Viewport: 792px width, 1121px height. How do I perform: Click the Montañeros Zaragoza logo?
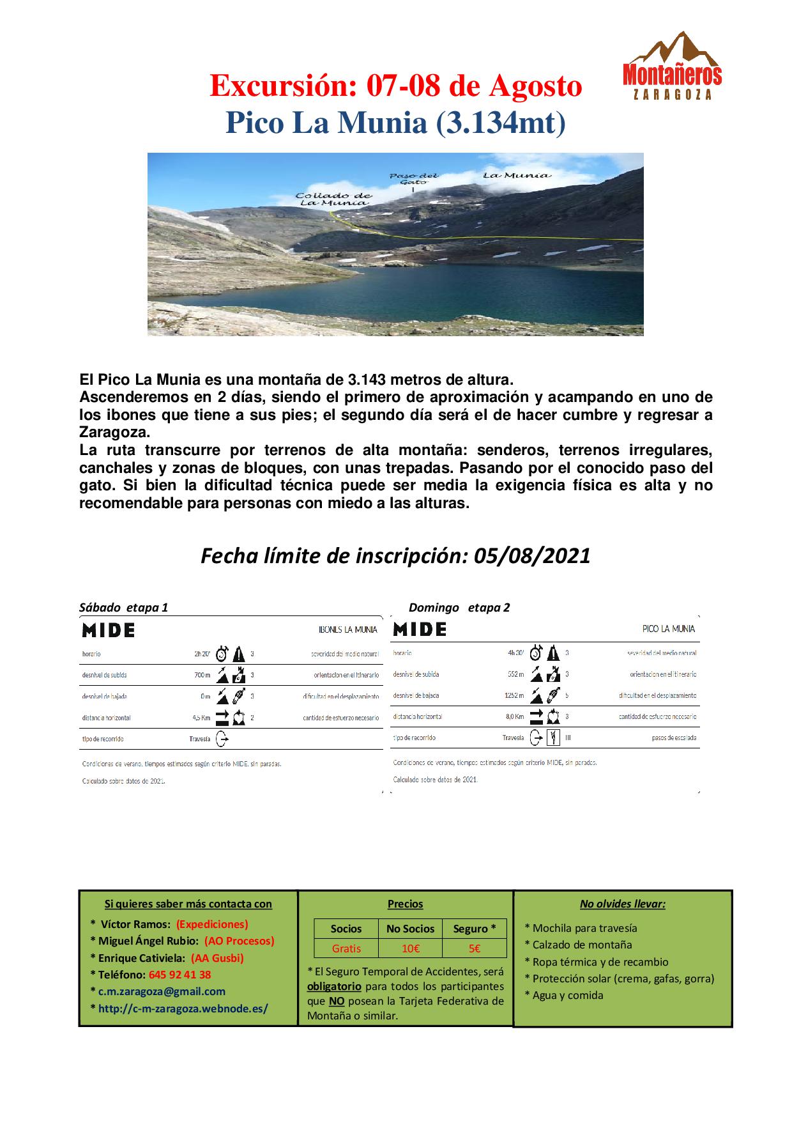pos(672,67)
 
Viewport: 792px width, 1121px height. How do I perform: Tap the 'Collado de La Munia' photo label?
pos(333,199)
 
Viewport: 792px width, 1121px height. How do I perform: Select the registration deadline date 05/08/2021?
pos(533,556)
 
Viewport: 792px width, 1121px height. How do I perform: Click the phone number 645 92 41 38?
pos(179,975)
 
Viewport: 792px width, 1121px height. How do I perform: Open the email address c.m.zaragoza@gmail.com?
pos(162,991)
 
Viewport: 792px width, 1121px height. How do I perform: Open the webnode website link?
pos(183,1009)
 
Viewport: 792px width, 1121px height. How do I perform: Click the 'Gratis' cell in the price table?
pos(346,948)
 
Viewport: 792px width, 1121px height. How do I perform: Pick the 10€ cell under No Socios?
pos(411,948)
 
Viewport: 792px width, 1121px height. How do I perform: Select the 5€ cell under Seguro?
pos(474,948)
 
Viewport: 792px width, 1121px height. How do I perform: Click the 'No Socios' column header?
pos(410,929)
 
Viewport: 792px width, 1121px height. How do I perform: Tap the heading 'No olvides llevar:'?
pos(623,904)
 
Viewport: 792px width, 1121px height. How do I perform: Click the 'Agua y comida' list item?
pos(568,995)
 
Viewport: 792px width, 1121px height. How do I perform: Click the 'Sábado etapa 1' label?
pos(123,607)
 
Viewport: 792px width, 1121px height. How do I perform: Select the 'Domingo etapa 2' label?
pos(459,607)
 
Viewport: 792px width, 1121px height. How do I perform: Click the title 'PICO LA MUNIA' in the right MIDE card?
pos(668,629)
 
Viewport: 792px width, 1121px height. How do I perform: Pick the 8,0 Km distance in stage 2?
pos(514,716)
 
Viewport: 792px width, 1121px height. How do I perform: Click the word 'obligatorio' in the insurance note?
pos(334,986)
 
